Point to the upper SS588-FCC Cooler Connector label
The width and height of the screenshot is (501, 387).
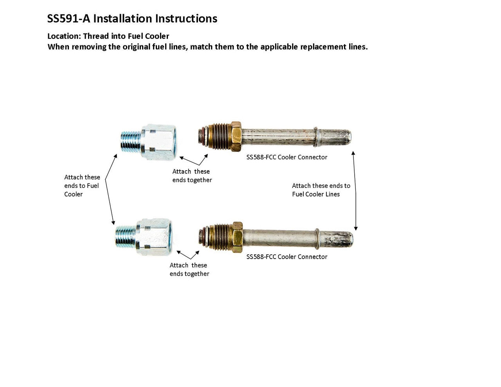tap(287, 157)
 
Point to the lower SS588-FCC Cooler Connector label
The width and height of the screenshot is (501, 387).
tap(287, 257)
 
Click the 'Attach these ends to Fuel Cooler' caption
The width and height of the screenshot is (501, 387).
tap(82, 186)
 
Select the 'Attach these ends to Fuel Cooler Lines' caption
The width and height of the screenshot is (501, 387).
tap(321, 190)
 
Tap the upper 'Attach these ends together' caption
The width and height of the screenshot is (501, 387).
tap(192, 176)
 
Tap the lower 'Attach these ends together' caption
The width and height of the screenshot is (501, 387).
tap(189, 270)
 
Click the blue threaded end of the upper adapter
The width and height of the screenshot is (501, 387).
tap(130, 142)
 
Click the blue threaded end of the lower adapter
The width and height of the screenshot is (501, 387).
tap(125, 237)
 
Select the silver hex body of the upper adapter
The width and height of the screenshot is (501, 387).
tap(159, 142)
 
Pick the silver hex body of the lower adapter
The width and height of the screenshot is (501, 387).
tap(154, 237)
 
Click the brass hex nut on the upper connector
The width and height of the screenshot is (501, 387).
tap(236, 136)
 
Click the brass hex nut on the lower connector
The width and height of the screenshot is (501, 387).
tap(237, 237)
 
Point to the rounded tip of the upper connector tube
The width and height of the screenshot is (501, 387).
tap(346, 137)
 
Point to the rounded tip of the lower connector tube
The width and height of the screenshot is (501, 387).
tap(348, 239)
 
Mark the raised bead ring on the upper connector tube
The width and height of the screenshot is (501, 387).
tap(316, 136)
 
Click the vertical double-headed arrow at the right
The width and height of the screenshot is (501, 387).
tap(355, 191)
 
